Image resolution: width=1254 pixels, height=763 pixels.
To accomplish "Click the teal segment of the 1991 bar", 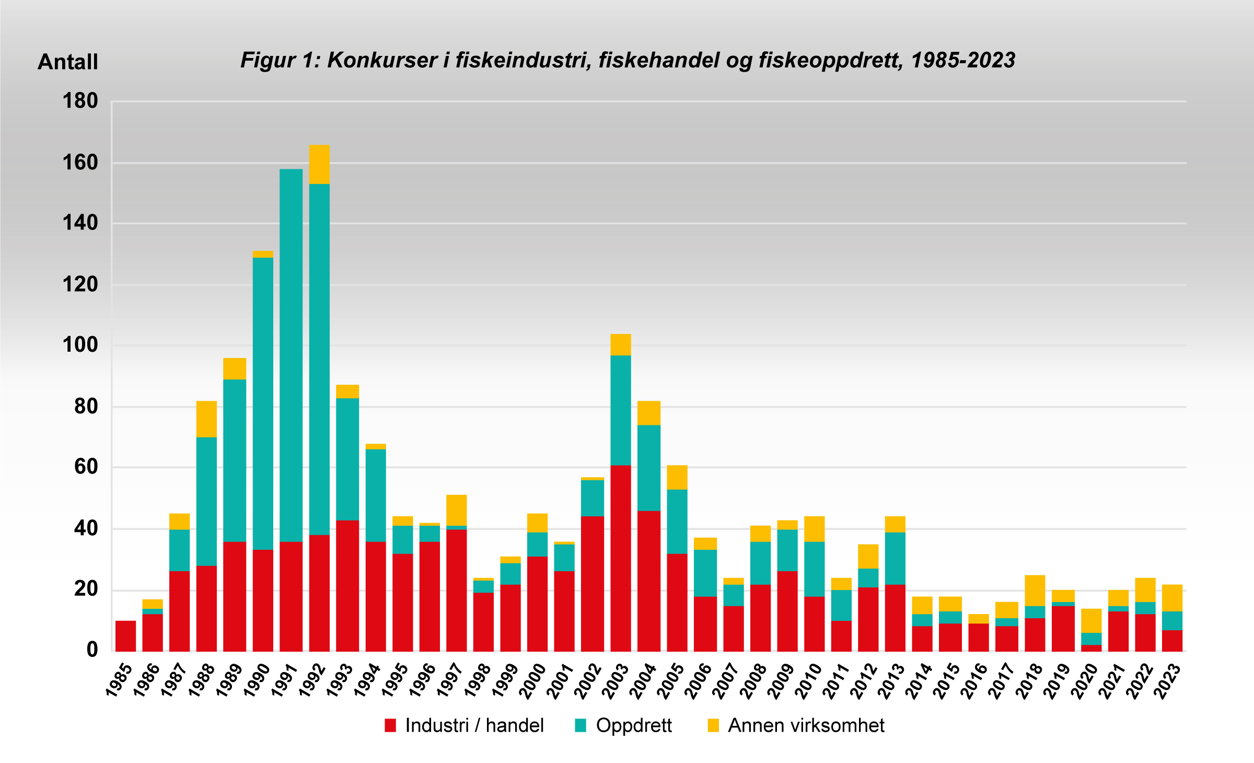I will tap(291, 355).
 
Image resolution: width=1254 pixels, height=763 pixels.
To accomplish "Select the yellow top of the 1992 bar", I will tap(319, 164).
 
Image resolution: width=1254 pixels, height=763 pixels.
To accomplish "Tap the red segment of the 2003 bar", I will tap(621, 558).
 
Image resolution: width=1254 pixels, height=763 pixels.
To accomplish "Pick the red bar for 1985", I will tap(125, 636).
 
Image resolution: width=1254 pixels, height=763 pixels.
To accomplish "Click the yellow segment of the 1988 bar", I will tap(206, 419).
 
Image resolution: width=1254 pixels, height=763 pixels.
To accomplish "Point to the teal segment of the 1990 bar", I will tap(263, 403).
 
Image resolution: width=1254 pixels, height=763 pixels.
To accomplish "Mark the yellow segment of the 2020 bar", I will tap(1091, 621).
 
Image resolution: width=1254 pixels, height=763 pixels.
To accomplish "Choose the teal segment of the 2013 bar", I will tap(895, 558).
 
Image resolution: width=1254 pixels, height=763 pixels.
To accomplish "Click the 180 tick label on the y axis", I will tap(80, 101).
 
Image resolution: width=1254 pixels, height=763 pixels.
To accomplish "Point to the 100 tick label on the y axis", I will tap(80, 345).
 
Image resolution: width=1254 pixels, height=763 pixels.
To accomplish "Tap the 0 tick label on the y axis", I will tap(92, 650).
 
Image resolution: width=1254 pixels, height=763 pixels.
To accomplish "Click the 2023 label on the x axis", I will tap(1167, 680).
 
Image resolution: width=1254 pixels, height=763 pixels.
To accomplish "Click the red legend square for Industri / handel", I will tap(390, 725).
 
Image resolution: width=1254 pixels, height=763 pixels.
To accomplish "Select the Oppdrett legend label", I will tap(633, 725).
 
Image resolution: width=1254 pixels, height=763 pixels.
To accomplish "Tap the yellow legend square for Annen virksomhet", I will tap(713, 725).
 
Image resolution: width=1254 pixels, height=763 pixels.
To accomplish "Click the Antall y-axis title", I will tap(68, 62).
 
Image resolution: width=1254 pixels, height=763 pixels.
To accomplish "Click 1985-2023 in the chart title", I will tap(963, 61).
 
